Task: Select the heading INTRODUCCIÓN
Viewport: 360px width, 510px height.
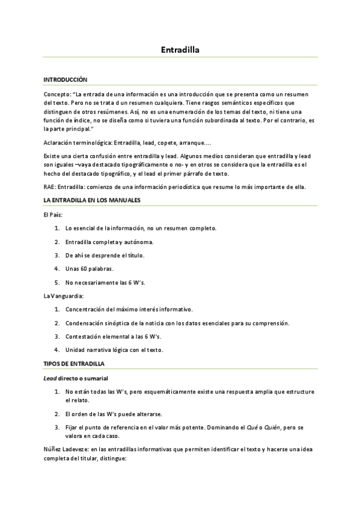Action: [66, 79]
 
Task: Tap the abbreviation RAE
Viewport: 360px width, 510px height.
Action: [49, 186]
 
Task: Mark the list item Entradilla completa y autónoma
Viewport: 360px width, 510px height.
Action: [109, 242]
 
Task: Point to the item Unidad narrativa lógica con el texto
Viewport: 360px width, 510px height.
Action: [114, 349]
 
